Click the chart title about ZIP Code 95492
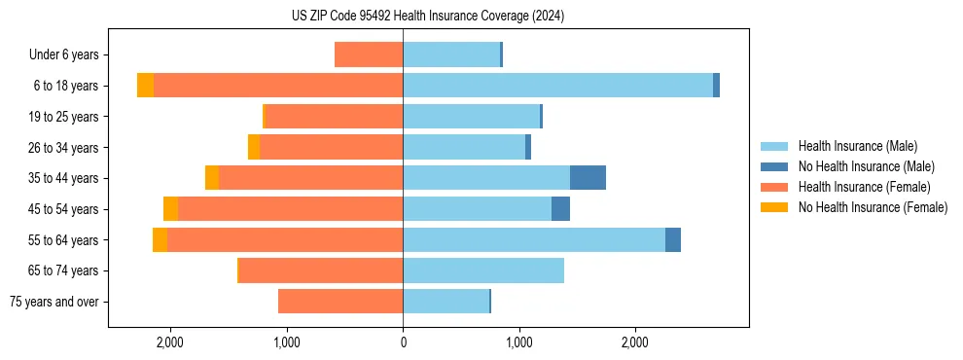pos(428,17)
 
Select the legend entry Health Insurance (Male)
pos(857,146)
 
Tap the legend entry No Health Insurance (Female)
pos(873,207)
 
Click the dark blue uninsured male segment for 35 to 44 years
pos(588,178)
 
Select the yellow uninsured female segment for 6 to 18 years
pos(145,86)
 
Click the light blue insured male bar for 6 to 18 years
pos(557,86)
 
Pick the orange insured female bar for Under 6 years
pos(369,55)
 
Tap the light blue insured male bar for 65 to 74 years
pos(483,270)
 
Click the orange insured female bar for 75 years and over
pos(340,302)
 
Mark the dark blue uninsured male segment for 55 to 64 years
pos(673,239)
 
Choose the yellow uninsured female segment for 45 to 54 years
pos(170,209)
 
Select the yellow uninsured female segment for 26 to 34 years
pos(254,147)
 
